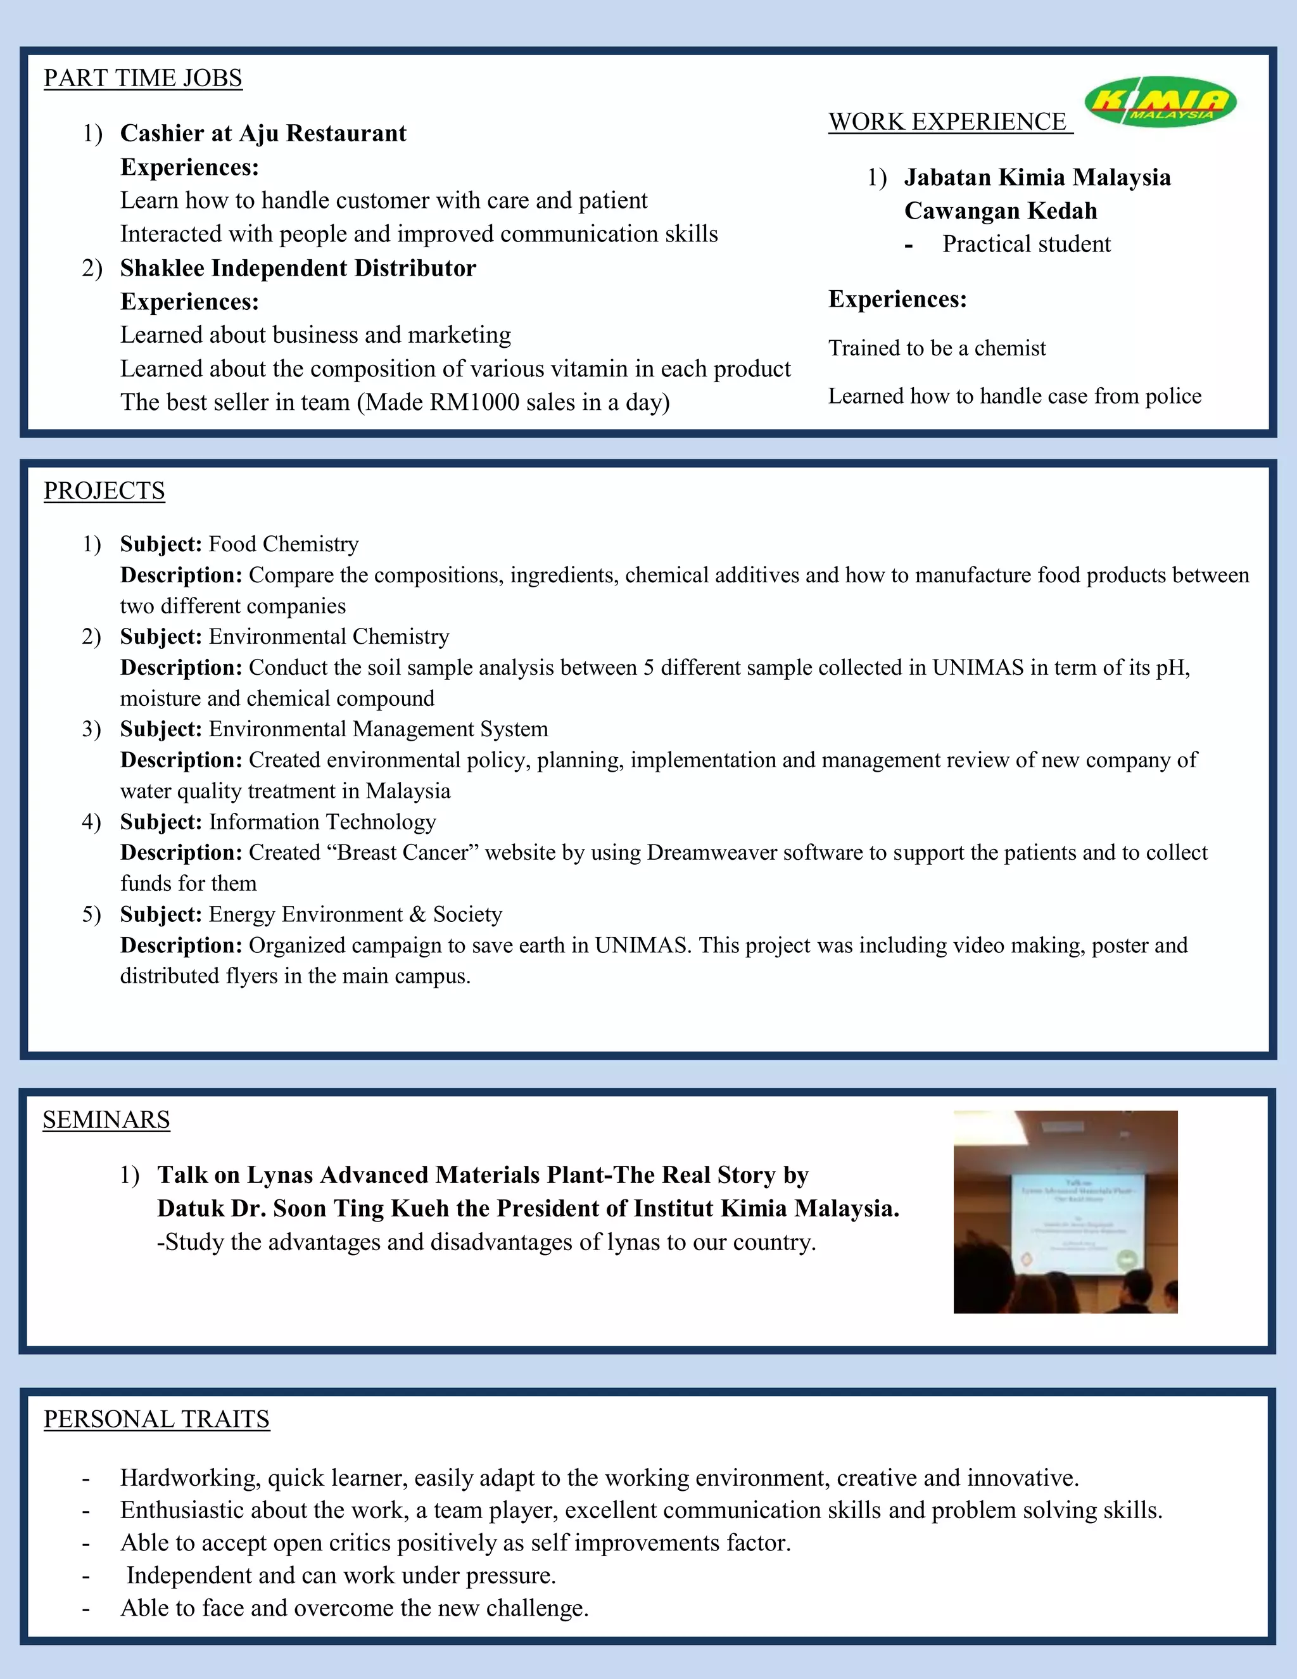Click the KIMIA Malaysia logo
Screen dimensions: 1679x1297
tap(1160, 101)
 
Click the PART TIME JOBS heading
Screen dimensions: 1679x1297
tap(143, 79)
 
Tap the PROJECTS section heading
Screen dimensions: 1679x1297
tap(104, 491)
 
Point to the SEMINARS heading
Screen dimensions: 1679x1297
tap(106, 1120)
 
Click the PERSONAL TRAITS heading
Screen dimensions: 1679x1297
tap(157, 1419)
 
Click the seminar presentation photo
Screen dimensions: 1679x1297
tap(1065, 1211)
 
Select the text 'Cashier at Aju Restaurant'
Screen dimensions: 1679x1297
tap(263, 134)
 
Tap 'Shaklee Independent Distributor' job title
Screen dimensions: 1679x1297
tap(298, 268)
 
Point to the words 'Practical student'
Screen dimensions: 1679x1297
tap(1026, 245)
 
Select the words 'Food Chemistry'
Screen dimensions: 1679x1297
tap(284, 544)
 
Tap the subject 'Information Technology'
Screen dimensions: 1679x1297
tap(322, 822)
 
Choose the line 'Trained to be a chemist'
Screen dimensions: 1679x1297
tap(937, 349)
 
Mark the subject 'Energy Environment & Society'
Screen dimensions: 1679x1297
tap(355, 914)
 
